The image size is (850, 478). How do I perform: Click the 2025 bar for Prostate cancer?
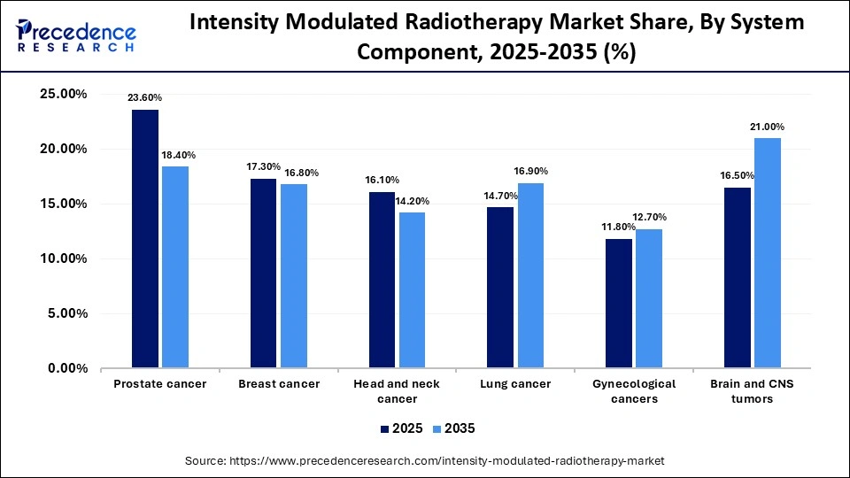[x=145, y=238]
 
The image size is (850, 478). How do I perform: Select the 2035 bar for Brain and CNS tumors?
[x=768, y=252]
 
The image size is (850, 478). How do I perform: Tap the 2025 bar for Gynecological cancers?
[x=619, y=303]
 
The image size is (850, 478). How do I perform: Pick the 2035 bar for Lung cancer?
[x=530, y=275]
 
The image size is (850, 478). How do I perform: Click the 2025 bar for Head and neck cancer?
[x=382, y=280]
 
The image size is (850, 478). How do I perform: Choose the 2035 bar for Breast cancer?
[x=294, y=275]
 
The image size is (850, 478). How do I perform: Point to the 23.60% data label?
[x=145, y=97]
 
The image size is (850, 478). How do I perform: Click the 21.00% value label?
[x=767, y=127]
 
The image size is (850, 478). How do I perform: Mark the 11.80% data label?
[x=618, y=227]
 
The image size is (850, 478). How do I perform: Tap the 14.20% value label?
[x=413, y=200]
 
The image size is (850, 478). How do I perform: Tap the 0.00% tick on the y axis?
[x=66, y=368]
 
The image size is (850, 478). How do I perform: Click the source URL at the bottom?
[x=424, y=461]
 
